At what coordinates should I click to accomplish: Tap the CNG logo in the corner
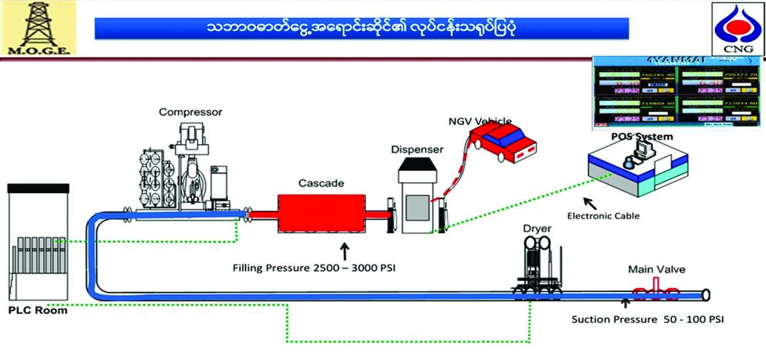point(738,29)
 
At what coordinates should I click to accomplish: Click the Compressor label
point(191,112)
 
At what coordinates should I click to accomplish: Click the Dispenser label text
point(417,149)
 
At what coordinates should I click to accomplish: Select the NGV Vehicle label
point(476,120)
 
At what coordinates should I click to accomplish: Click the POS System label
point(641,136)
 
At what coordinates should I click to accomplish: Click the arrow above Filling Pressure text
point(344,250)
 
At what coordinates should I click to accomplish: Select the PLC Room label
point(38,310)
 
